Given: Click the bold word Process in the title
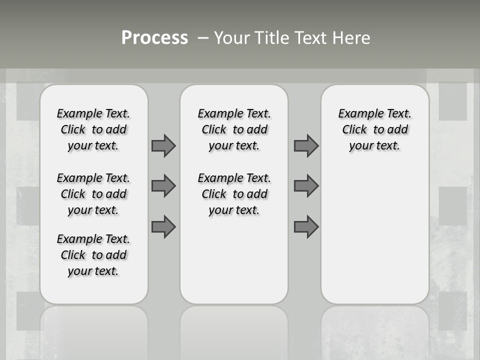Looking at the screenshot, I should tap(154, 38).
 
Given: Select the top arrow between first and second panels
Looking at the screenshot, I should tap(163, 145).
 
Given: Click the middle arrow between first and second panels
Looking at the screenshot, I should tap(163, 186).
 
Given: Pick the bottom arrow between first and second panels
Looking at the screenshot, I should tap(163, 226).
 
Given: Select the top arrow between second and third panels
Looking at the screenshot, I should tap(306, 145).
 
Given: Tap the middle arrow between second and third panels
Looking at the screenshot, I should tap(306, 186).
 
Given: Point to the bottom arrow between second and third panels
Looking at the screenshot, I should tap(306, 226).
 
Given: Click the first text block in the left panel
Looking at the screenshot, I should tap(93, 129).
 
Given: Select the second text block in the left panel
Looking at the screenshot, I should tap(93, 194).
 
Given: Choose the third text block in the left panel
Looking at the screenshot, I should tap(93, 255).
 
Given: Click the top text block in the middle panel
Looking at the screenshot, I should tap(234, 129).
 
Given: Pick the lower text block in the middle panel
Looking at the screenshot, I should tap(234, 194).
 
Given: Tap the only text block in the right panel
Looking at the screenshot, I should tap(374, 129).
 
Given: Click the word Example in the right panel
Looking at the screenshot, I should tap(357, 114).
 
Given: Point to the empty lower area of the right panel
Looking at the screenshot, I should tap(374, 235).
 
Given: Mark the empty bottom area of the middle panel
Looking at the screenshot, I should tap(234, 265).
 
